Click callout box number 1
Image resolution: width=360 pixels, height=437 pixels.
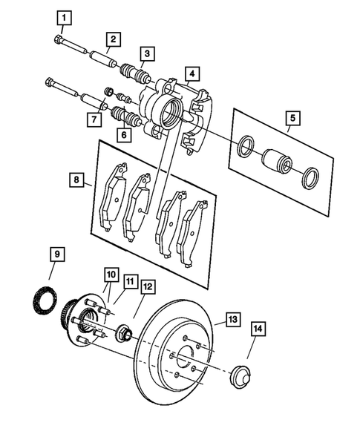pos(66,16)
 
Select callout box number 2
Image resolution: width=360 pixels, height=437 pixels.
pos(113,39)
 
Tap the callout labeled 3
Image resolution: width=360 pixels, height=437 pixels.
pos(149,53)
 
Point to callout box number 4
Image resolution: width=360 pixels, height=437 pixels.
pos(191,73)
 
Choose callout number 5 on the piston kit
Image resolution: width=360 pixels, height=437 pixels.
pos(292,117)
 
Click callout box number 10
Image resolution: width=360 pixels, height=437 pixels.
pos(110,275)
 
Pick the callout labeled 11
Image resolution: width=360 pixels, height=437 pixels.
pos(131,281)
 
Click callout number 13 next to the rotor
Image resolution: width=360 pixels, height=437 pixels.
pos(232,320)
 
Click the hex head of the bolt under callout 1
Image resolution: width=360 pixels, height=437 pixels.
pos(59,42)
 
